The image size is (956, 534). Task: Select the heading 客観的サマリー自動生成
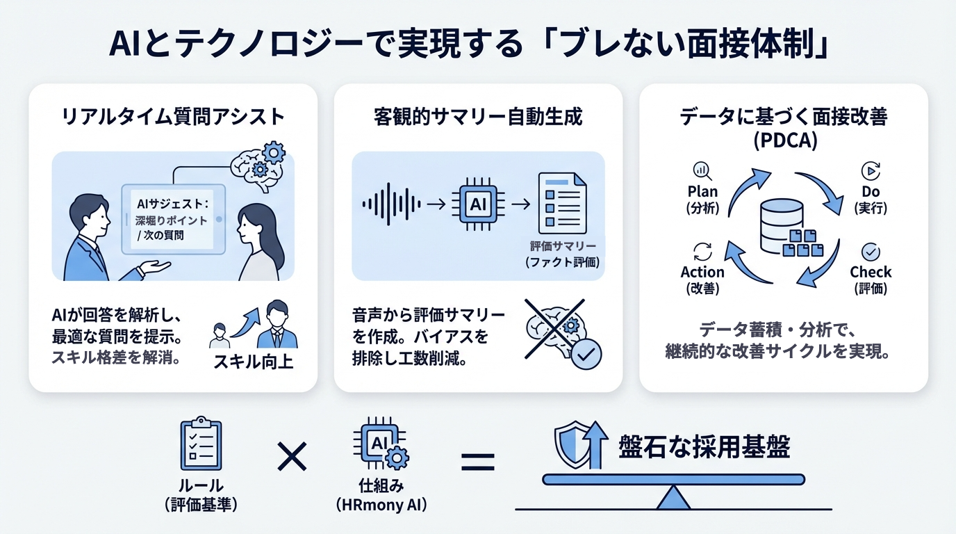(477, 117)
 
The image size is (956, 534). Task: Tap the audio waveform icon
(391, 204)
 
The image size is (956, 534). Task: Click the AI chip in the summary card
(478, 204)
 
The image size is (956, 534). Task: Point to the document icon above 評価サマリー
(561, 204)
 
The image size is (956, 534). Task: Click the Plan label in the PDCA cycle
(702, 191)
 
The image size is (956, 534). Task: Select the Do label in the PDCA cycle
(871, 191)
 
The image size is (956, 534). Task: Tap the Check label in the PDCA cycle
(871, 272)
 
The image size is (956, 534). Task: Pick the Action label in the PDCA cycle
(702, 272)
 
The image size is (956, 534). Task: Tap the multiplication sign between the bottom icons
(292, 458)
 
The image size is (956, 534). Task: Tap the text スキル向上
(253, 362)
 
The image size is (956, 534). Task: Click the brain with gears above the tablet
(258, 164)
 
